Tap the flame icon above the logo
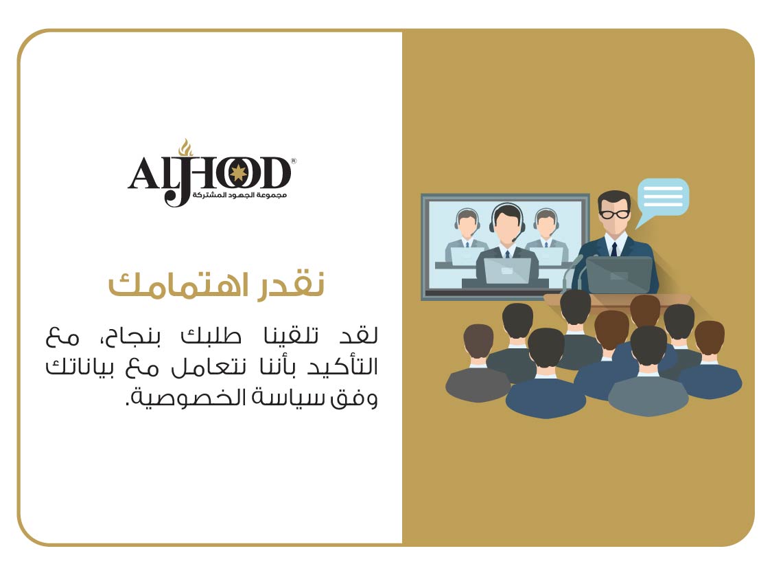(185, 147)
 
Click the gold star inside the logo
(239, 173)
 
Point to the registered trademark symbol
(294, 161)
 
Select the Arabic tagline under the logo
(239, 195)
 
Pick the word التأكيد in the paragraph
(342, 366)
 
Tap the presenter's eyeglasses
(614, 214)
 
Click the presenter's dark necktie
(614, 249)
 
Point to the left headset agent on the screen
(466, 236)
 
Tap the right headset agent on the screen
(546, 236)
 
